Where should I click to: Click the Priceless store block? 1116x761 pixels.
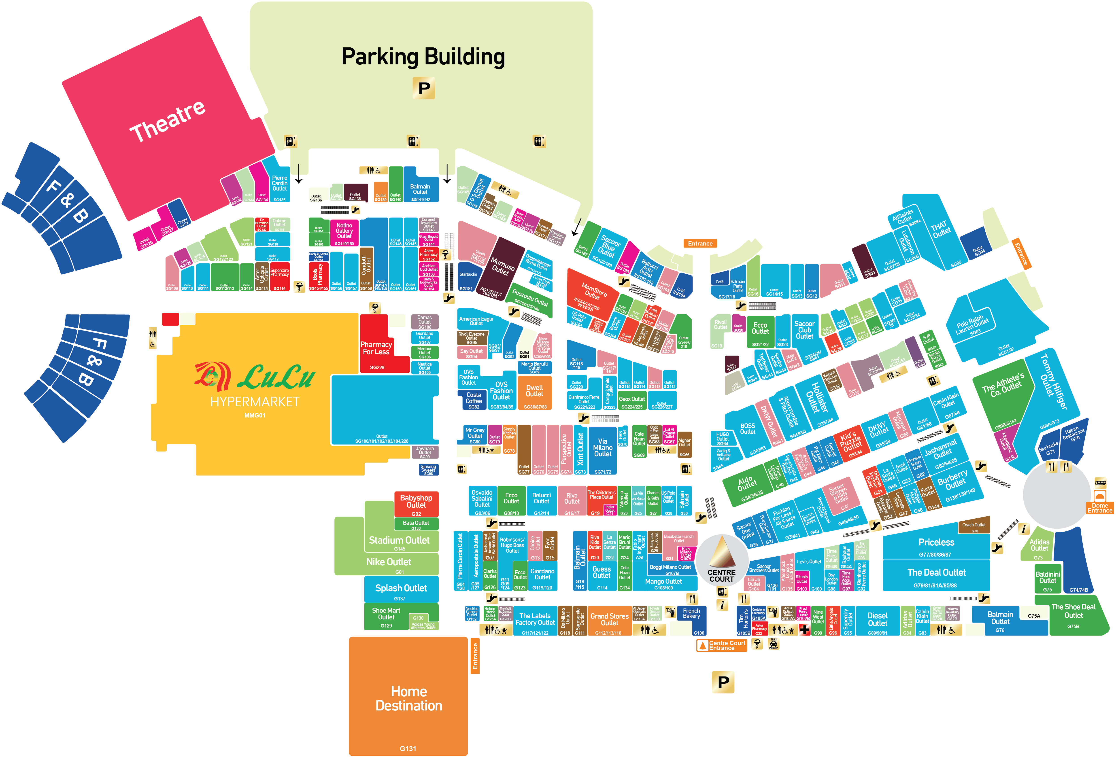point(936,543)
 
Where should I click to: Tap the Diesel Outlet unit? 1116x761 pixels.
point(877,619)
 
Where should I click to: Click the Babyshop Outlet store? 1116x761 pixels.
point(416,502)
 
